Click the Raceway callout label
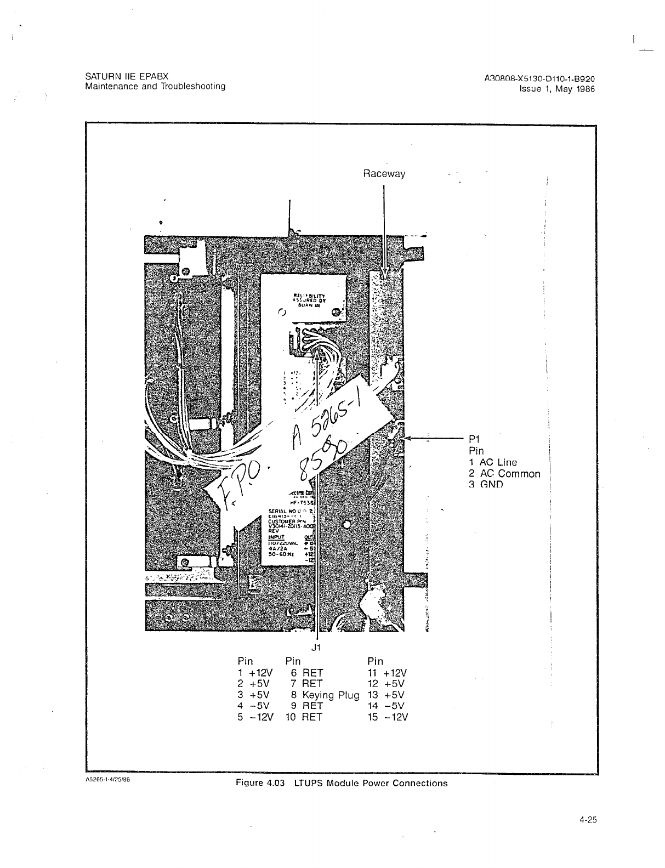coord(384,174)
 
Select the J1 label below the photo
coord(315,647)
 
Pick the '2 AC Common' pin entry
coord(504,474)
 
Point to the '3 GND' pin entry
coord(486,485)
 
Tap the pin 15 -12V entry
coord(388,717)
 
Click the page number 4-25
coord(587,820)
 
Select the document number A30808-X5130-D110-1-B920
coord(539,78)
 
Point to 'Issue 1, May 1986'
coord(557,89)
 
